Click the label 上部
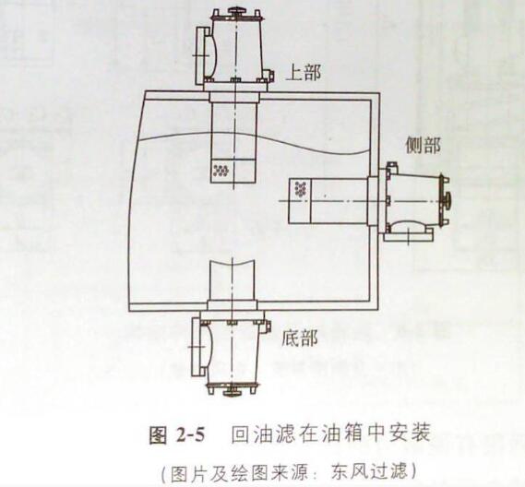click(x=304, y=72)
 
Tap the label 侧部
click(x=423, y=145)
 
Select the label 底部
click(x=299, y=338)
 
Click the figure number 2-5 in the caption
click(x=189, y=435)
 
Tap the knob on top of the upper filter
click(x=236, y=11)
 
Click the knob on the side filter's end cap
click(x=447, y=200)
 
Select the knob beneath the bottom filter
click(x=233, y=392)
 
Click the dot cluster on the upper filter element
click(x=221, y=171)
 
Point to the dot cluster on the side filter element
click(x=301, y=189)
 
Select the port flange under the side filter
click(x=408, y=237)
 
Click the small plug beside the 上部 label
click(x=268, y=75)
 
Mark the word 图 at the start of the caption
click(x=158, y=435)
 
